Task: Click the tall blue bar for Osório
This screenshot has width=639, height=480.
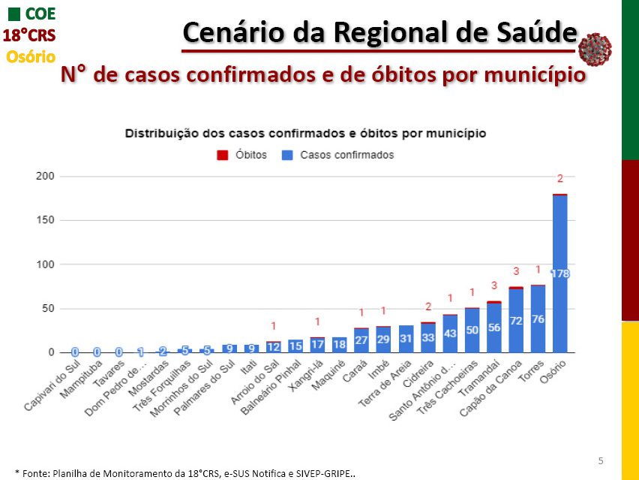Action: pos(559,273)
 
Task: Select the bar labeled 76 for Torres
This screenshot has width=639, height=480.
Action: pos(538,318)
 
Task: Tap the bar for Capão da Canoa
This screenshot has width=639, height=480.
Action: pos(516,320)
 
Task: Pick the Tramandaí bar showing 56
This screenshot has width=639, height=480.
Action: pos(493,328)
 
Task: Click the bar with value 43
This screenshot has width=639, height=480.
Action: pos(450,334)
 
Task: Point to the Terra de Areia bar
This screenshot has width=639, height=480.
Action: pos(406,339)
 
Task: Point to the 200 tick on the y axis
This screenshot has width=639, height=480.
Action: pos(46,176)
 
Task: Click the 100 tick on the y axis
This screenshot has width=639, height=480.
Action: pos(46,264)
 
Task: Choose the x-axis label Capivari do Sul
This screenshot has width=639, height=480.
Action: pos(51,387)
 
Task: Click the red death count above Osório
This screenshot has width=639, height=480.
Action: pos(559,179)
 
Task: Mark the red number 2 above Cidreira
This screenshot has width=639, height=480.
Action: pos(428,306)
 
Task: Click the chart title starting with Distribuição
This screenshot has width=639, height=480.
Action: pos(305,133)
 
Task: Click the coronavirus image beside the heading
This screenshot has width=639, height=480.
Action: pos(595,50)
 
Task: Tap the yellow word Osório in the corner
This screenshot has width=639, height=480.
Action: pos(30,56)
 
